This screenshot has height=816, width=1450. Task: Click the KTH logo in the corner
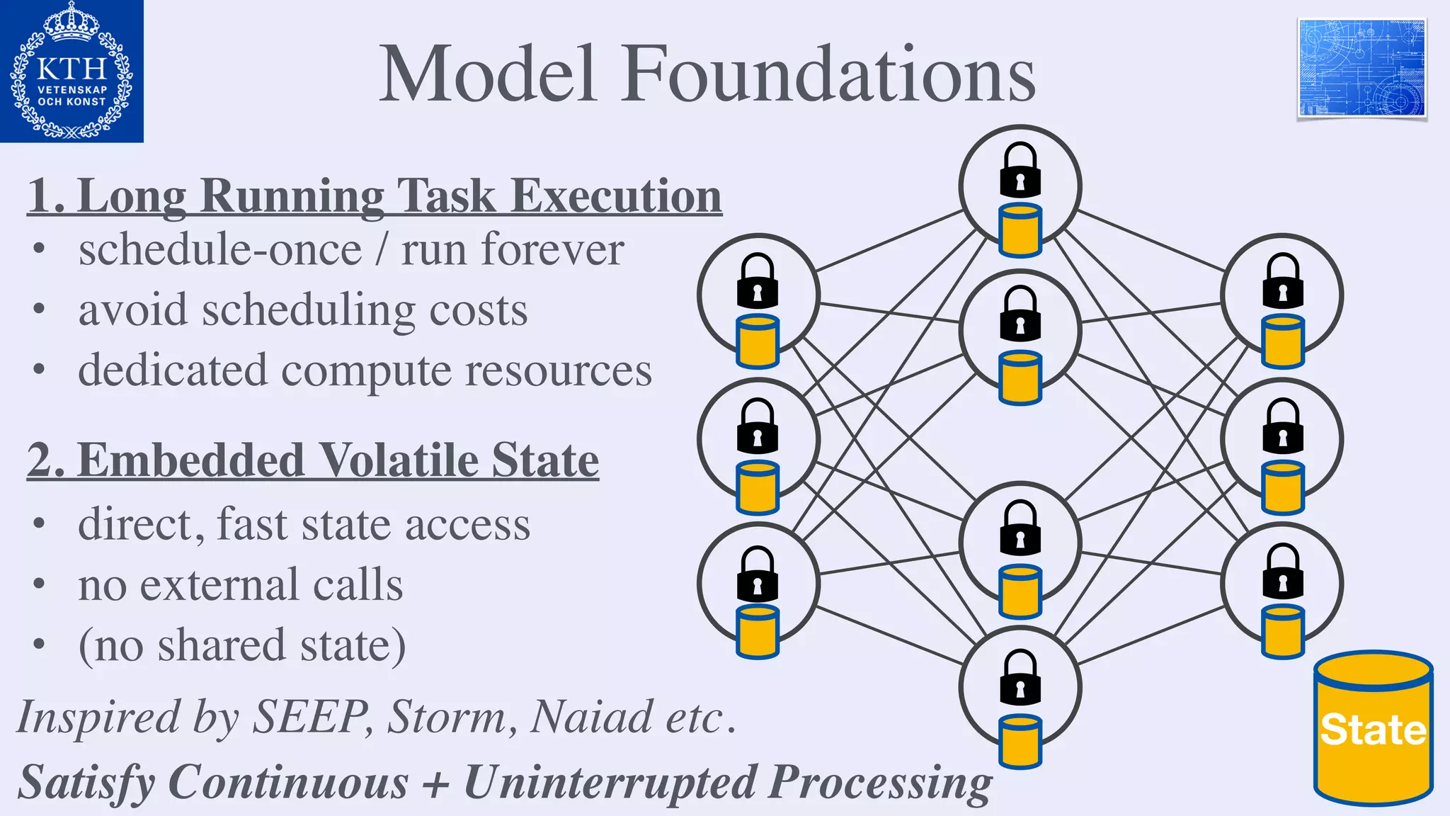pyautogui.click(x=72, y=71)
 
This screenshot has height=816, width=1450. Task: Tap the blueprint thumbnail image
pyautogui.click(x=1361, y=68)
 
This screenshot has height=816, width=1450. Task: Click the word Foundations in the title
pyautogui.click(x=828, y=74)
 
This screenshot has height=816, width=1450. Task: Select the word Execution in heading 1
pyautogui.click(x=616, y=195)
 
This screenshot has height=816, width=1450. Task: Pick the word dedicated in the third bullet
pyautogui.click(x=173, y=370)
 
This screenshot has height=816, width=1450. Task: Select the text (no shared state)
pyautogui.click(x=242, y=645)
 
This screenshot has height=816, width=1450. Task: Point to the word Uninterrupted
pyautogui.click(x=610, y=783)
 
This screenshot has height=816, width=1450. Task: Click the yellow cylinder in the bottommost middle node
pyautogui.click(x=1020, y=741)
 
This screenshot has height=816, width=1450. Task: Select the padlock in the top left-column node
pyautogui.click(x=758, y=280)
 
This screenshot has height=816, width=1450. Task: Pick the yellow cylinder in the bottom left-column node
pyautogui.click(x=758, y=631)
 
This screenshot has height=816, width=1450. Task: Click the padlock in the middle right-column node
pyautogui.click(x=1283, y=426)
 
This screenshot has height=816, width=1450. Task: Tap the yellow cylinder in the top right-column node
pyautogui.click(x=1283, y=342)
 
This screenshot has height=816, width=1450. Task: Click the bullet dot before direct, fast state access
pyautogui.click(x=39, y=524)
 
